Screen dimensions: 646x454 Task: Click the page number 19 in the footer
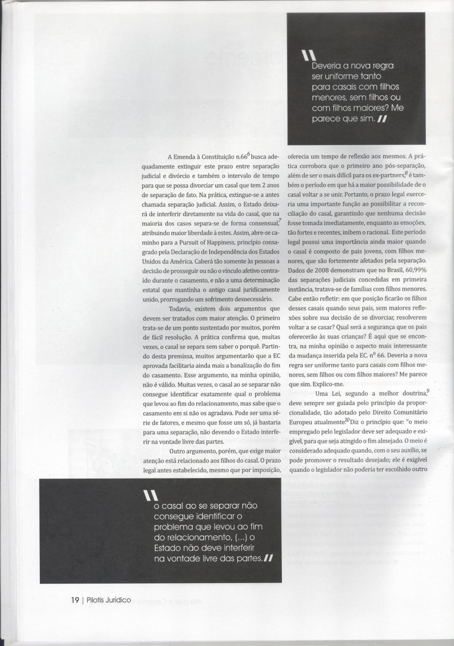(75, 600)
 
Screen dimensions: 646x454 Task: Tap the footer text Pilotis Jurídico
(109, 600)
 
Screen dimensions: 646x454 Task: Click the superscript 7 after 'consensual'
(280, 220)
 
